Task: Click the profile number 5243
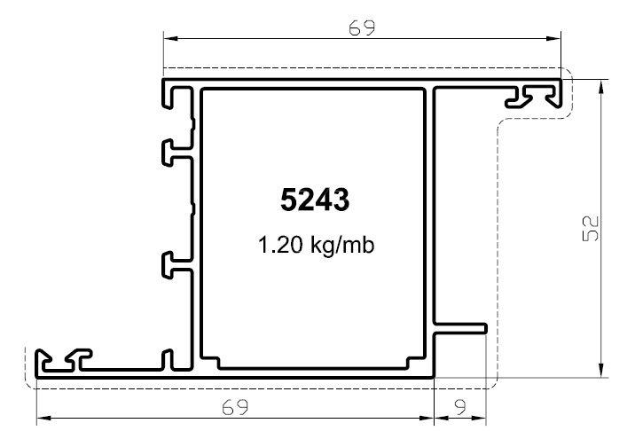click(315, 200)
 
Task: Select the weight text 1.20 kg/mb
click(317, 245)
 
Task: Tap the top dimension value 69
click(362, 28)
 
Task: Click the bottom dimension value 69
click(235, 407)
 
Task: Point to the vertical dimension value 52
click(590, 229)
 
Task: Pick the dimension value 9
click(460, 407)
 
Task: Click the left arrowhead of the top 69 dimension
click(170, 38)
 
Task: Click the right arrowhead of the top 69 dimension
click(553, 38)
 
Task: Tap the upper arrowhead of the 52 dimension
click(601, 87)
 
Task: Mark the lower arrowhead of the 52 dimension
click(601, 370)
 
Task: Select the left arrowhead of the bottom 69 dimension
click(43, 418)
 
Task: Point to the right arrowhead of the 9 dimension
click(479, 418)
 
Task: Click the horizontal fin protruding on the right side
click(460, 328)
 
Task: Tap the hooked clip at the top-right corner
click(534, 96)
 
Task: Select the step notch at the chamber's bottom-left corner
click(210, 363)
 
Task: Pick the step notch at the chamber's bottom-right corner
click(415, 363)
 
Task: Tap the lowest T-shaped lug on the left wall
click(178, 265)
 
